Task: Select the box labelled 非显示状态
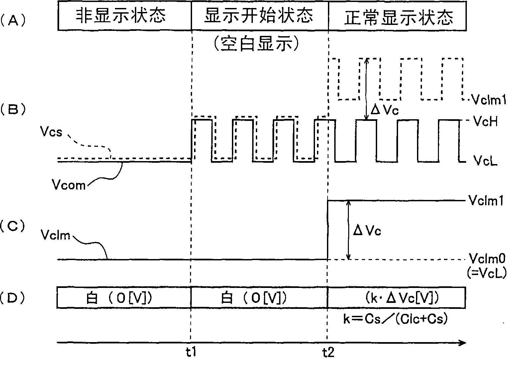(x=121, y=16)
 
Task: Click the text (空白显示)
(x=257, y=44)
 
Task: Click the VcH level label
(x=485, y=122)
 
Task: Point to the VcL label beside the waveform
(x=485, y=161)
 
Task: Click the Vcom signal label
(x=69, y=184)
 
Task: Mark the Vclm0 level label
(x=487, y=258)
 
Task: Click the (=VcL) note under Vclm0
(x=487, y=273)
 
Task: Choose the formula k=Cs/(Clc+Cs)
(x=395, y=319)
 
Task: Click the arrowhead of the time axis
(x=463, y=343)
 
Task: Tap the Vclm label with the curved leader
(x=55, y=235)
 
